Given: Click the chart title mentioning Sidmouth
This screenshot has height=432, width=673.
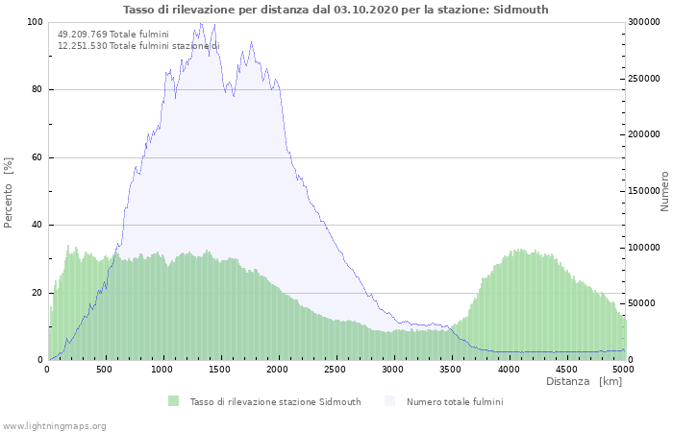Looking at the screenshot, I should [336, 10].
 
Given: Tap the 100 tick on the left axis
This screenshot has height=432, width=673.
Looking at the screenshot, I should [36, 22].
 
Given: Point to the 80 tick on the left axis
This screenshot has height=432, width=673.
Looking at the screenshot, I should [37, 90].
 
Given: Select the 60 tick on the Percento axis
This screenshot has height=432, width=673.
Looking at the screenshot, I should [37, 157].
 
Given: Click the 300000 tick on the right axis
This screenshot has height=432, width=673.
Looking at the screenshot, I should [645, 22].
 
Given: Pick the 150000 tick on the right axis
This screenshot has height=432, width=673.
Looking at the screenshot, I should [645, 191].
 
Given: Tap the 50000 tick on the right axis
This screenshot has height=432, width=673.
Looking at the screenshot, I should [642, 304].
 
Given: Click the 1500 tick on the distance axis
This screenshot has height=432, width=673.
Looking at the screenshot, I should [220, 369].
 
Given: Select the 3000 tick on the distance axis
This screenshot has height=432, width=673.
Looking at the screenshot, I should [392, 369].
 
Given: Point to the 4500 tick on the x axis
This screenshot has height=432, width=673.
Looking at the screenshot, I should [565, 369].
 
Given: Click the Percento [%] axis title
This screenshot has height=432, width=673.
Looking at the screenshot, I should [9, 192].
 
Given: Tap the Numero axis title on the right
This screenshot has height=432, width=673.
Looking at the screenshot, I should [664, 192].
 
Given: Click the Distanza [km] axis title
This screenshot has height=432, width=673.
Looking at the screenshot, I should [584, 382].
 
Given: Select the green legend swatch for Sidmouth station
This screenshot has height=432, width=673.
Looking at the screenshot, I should [174, 401].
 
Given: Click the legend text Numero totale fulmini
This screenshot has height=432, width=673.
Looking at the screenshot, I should [454, 401].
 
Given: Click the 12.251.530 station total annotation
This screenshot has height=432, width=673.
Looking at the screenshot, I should [137, 46].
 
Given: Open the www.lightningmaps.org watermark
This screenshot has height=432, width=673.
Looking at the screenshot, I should [54, 425].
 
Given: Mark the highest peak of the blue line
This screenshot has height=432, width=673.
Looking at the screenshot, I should [201, 23].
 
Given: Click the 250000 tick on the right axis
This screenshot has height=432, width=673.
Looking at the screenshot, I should [645, 79].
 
